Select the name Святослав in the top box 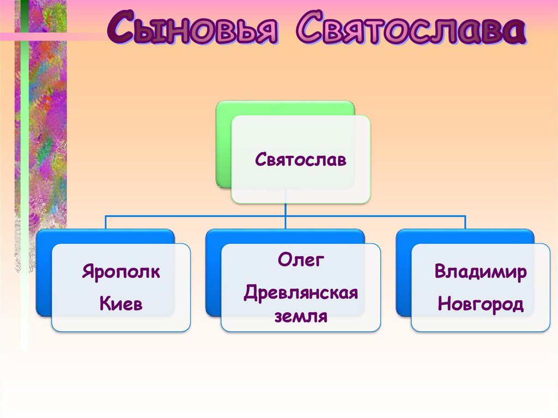tap(300, 161)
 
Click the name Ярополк tap(121, 271)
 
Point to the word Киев tap(121, 304)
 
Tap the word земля tap(301, 316)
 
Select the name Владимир tap(480, 271)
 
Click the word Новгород tap(480, 304)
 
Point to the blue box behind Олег tap(213, 278)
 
